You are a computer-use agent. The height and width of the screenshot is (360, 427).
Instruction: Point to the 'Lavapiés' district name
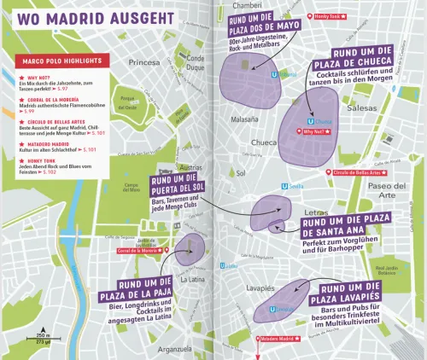(261, 288)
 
